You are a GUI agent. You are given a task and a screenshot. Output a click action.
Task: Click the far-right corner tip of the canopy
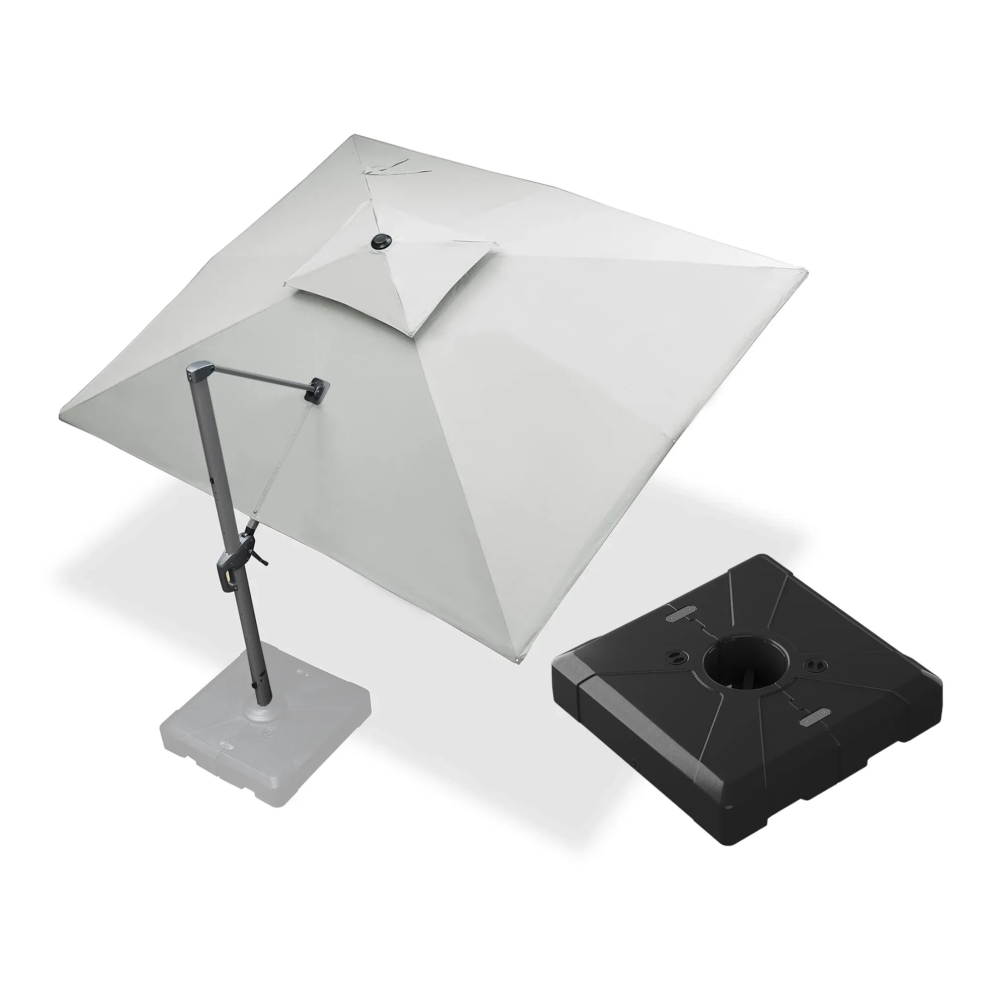[805, 271]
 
